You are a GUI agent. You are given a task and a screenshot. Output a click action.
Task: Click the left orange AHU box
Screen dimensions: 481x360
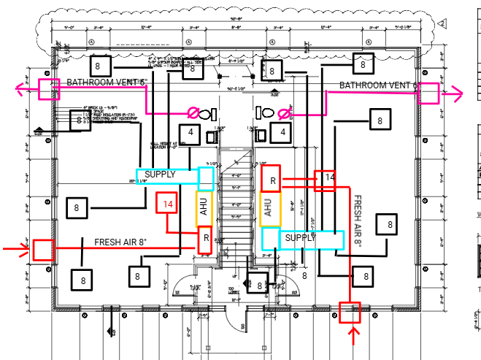pyautogui.click(x=205, y=208)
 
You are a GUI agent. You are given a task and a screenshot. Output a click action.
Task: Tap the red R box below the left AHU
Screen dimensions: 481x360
pyautogui.click(x=206, y=239)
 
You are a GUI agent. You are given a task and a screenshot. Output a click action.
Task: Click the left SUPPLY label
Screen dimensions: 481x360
pyautogui.click(x=161, y=175)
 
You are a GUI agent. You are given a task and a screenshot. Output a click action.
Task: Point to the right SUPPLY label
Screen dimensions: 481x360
pyautogui.click(x=300, y=238)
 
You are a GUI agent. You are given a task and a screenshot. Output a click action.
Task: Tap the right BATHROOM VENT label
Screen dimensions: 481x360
pyautogui.click(x=377, y=86)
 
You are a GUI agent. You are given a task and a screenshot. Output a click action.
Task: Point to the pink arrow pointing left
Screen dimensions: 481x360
pyautogui.click(x=23, y=89)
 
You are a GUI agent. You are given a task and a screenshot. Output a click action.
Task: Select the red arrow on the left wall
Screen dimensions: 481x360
pyautogui.click(x=15, y=250)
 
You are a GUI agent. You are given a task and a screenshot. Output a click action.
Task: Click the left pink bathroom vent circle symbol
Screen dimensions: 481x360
pyautogui.click(x=194, y=113)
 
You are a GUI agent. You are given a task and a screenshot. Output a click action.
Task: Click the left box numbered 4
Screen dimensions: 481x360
pyautogui.click(x=191, y=134)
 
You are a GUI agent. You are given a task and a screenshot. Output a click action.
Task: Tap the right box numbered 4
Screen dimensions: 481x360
pyautogui.click(x=281, y=133)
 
